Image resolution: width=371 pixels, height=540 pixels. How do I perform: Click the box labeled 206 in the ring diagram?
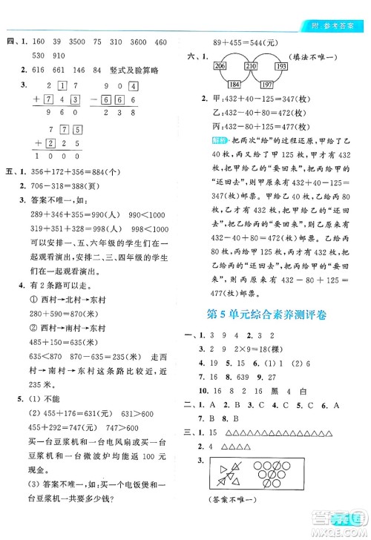click(220, 67)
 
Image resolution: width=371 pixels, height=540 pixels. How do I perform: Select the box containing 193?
click(282, 67)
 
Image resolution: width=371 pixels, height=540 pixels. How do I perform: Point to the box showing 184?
click(235, 84)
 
